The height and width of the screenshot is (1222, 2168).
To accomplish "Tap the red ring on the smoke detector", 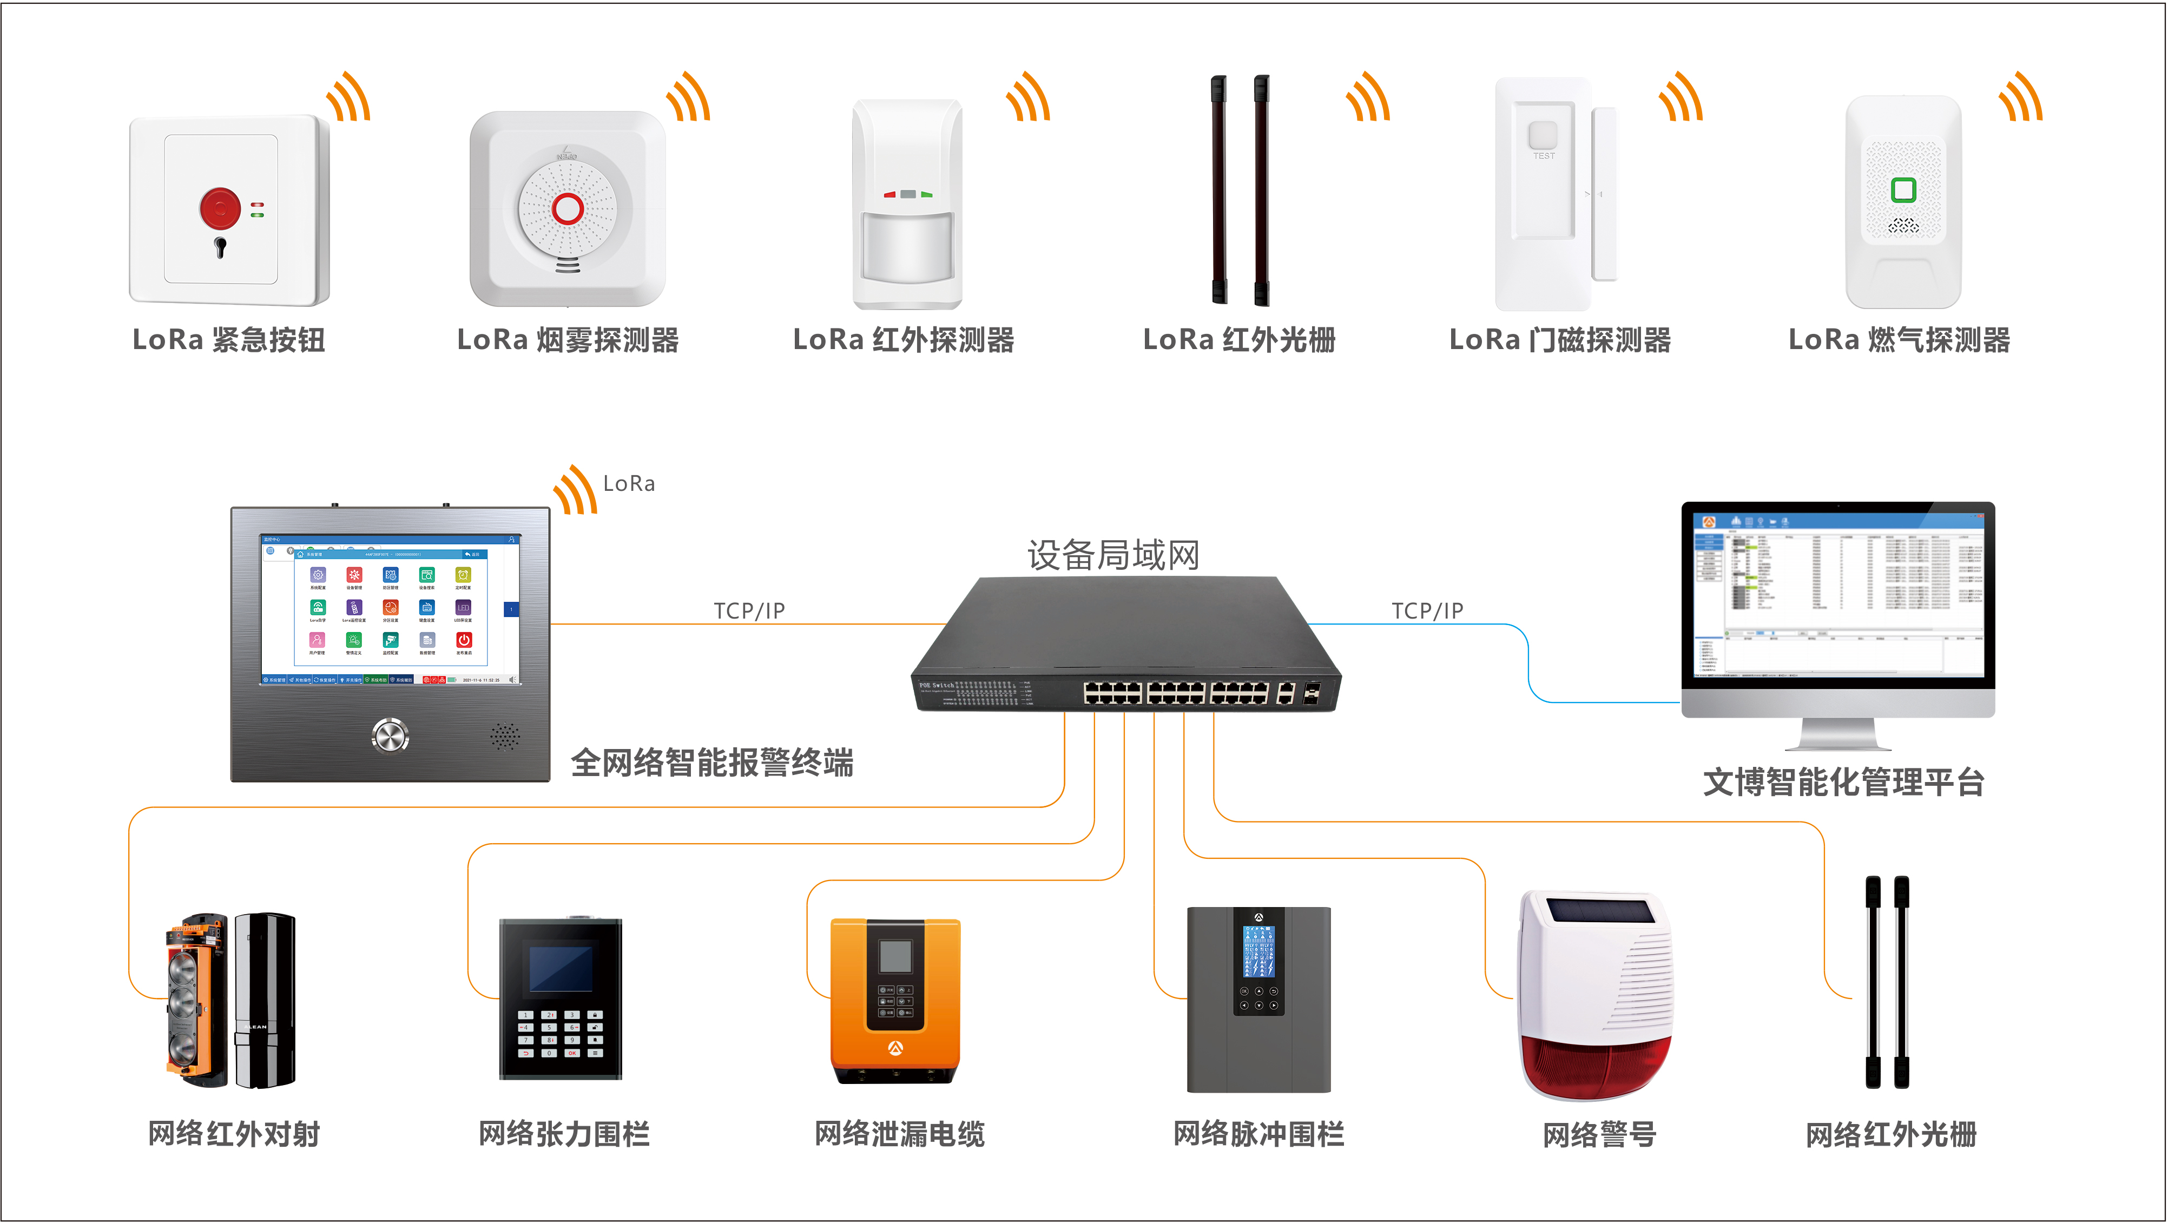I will tap(567, 208).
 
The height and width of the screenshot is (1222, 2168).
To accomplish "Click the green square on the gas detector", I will tap(1903, 189).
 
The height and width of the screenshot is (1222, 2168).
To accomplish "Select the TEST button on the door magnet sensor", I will tap(1543, 137).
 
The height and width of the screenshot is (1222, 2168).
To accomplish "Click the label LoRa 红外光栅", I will tap(1239, 340).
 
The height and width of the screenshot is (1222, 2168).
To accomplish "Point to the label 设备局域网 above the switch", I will tap(1112, 555).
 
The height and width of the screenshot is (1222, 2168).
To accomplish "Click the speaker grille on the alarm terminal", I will tap(505, 737).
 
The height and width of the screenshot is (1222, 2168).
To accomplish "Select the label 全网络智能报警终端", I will tap(712, 763).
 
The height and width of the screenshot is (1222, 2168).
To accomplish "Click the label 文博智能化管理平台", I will tap(1843, 782).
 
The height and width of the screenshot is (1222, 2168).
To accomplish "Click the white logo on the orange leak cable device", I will tap(895, 1048).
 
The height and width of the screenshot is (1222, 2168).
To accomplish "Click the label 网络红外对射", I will tap(234, 1134).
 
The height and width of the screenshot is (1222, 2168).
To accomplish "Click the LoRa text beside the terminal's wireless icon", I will tap(629, 484).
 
